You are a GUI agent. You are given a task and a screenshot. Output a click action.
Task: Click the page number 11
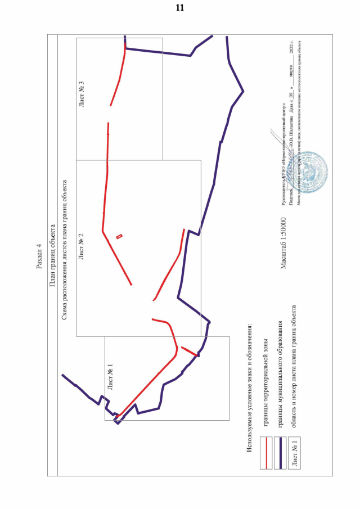coord(179,8)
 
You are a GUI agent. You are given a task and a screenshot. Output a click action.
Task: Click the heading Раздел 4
coord(39,256)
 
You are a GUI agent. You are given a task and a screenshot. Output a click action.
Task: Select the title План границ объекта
coord(52,256)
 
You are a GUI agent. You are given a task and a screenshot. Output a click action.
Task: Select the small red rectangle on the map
coord(119,236)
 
